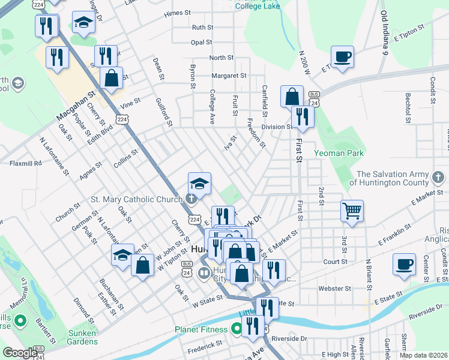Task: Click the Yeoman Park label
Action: point(339,153)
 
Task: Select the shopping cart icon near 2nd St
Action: point(352,211)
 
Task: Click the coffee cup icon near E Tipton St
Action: point(343,57)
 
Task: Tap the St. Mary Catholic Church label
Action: point(136,199)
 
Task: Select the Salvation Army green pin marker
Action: point(439,178)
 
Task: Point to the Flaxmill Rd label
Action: point(25,163)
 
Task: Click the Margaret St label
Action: point(229,76)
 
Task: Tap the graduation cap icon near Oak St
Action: point(122,255)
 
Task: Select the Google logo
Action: point(20,353)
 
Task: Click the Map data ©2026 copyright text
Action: point(423,355)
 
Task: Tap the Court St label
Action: point(336,262)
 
